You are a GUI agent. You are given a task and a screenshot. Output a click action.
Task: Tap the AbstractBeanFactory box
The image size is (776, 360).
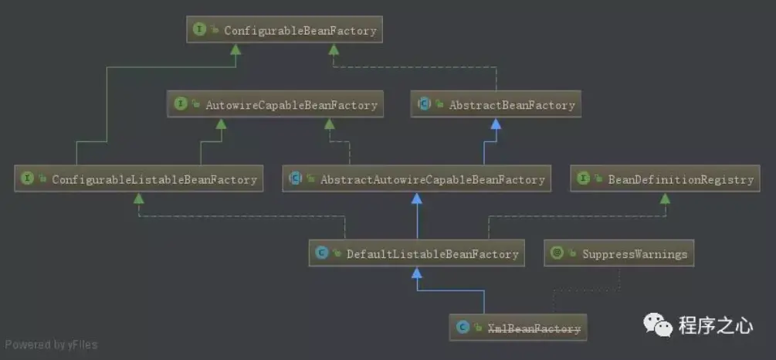[497, 104]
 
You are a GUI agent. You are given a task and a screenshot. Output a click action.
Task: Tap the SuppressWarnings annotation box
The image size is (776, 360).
[619, 253]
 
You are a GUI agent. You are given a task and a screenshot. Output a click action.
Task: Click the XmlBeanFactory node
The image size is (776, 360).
[518, 328]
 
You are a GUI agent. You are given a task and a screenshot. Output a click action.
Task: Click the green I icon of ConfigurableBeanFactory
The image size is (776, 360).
[200, 31]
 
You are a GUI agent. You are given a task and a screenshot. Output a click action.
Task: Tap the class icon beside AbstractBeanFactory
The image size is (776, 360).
[424, 104]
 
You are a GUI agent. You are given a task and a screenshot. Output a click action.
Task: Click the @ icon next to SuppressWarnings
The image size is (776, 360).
[557, 253]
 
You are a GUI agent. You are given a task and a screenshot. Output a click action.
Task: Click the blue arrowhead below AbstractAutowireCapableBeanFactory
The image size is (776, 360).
[417, 199]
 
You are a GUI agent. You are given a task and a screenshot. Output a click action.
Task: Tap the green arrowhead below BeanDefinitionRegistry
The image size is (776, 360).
[664, 199]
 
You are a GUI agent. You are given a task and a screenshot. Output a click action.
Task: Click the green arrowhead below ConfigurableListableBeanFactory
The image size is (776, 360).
[138, 199]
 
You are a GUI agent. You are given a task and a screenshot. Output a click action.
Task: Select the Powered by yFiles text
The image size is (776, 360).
[52, 345]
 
